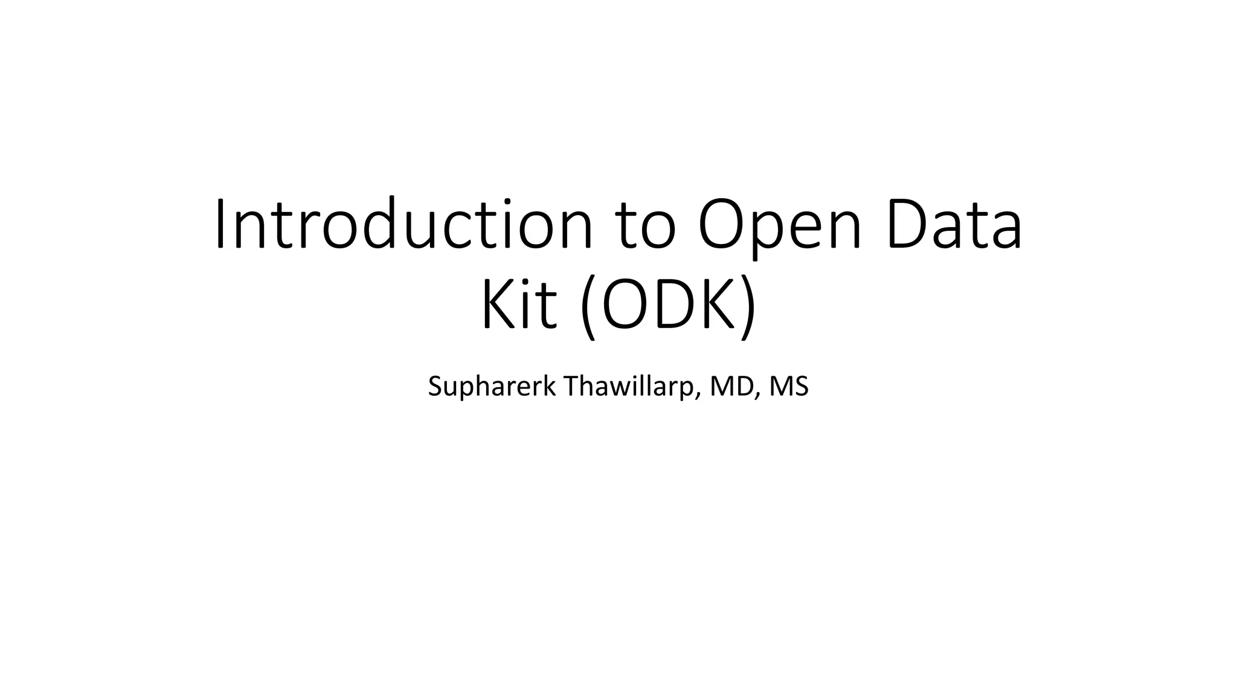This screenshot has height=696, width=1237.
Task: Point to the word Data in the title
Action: point(955,224)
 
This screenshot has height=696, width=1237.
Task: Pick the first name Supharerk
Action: point(491,387)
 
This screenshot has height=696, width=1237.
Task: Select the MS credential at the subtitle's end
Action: point(789,387)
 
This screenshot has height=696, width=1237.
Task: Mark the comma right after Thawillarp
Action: point(700,396)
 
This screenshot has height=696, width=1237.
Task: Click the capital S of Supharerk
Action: point(435,387)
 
